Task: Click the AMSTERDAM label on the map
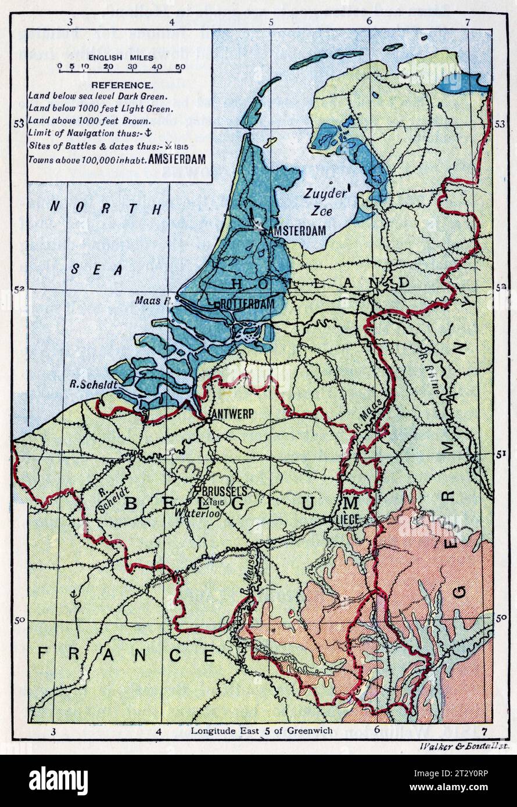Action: tap(296, 231)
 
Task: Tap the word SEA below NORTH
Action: tap(98, 269)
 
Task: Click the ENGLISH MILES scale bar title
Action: tap(121, 57)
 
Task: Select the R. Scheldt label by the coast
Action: tap(87, 384)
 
